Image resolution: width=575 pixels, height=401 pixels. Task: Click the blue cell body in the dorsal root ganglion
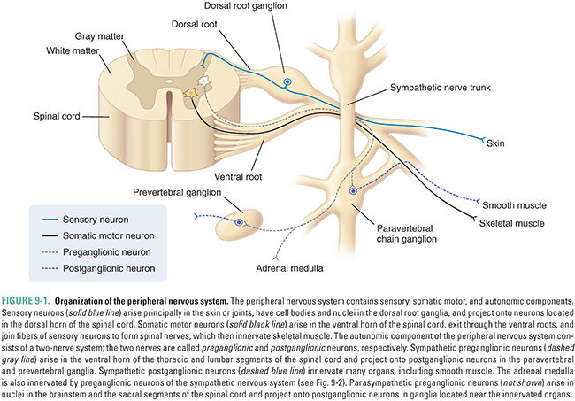[287, 82]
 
